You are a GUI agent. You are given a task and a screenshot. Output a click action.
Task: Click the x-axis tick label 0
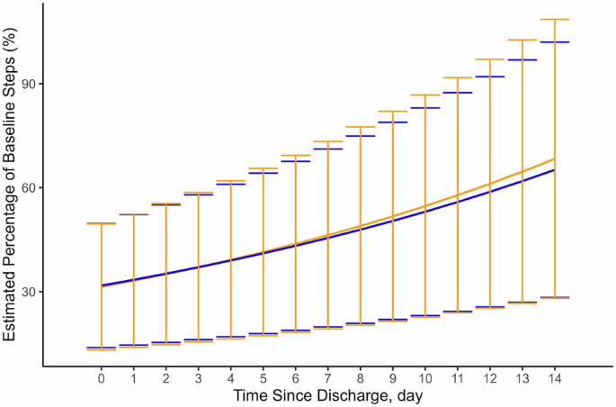pyautogui.click(x=102, y=379)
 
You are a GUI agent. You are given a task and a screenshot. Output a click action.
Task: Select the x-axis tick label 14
pyautogui.click(x=554, y=379)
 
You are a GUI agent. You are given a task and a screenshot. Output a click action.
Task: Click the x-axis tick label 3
pyautogui.click(x=199, y=379)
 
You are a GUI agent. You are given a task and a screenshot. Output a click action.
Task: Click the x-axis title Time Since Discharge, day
pyautogui.click(x=327, y=395)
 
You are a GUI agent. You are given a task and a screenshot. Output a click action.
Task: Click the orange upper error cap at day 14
pyautogui.click(x=554, y=19)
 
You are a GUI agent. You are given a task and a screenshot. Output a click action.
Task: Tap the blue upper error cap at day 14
pyautogui.click(x=554, y=42)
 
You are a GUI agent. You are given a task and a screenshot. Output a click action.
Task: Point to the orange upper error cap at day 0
pyautogui.click(x=102, y=223)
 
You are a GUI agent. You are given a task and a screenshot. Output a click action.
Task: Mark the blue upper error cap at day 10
pyautogui.click(x=424, y=108)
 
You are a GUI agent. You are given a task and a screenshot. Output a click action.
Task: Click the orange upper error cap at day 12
pyautogui.click(x=489, y=59)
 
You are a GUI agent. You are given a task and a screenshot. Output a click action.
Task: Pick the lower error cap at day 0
pyautogui.click(x=102, y=348)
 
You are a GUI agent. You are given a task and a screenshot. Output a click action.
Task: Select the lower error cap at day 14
pyautogui.click(x=554, y=297)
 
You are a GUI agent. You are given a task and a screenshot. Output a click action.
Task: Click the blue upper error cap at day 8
pyautogui.click(x=360, y=136)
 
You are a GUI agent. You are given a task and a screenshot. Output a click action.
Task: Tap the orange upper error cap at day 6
pyautogui.click(x=295, y=156)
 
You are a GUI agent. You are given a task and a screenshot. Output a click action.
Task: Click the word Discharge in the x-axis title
pyautogui.click(x=328, y=395)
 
